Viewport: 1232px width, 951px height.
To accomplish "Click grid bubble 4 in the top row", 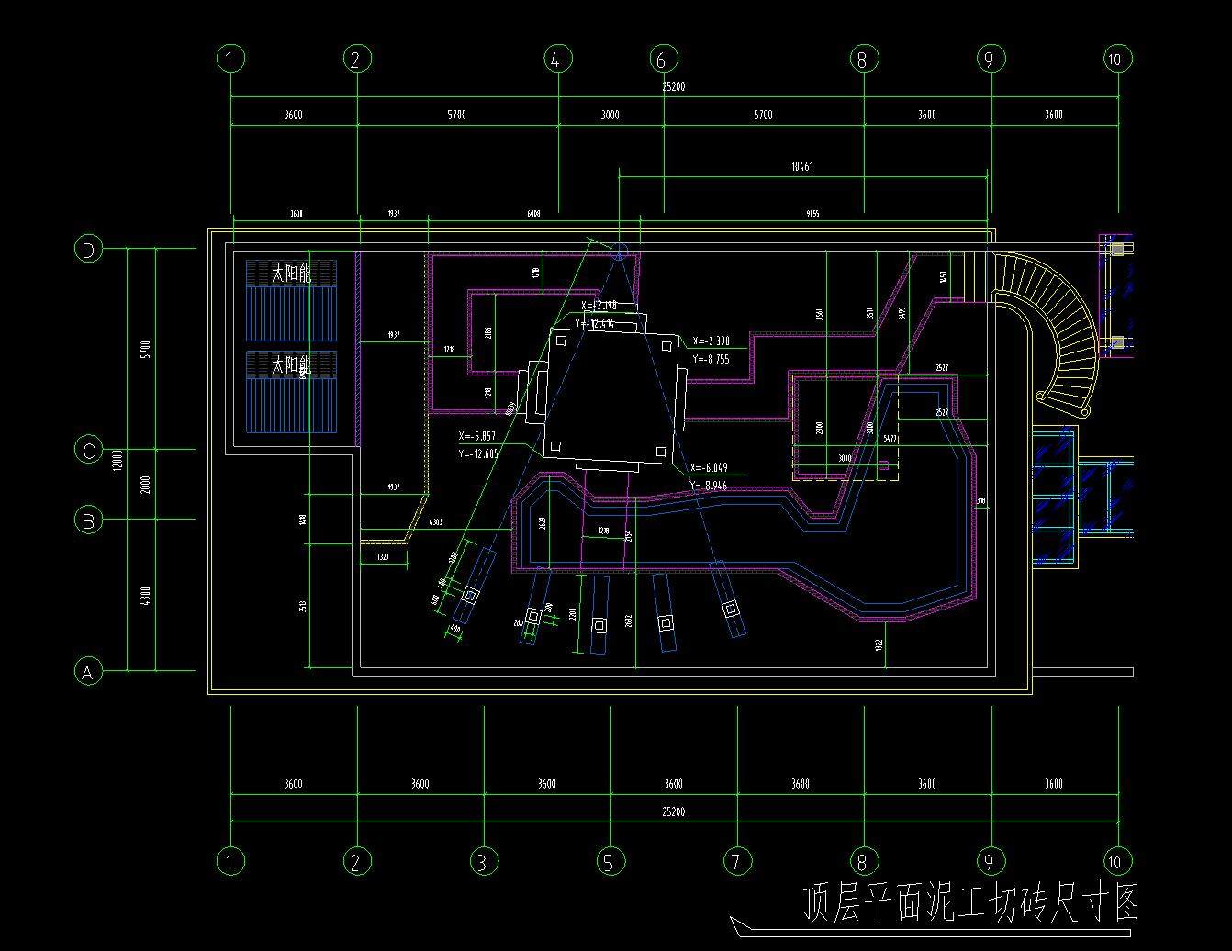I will coord(557,60).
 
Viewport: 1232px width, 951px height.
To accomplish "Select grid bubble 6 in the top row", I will coord(663,60).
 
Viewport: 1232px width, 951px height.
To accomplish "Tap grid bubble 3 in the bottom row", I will coord(484,862).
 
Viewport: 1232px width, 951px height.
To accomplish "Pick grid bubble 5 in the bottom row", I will coord(610,862).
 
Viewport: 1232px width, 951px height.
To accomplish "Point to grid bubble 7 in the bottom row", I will coord(737,862).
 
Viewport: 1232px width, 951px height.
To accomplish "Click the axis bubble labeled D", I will coord(88,250).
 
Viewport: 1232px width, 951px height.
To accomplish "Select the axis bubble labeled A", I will coord(87,673).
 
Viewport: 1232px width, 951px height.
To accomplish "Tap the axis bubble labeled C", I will coord(88,451).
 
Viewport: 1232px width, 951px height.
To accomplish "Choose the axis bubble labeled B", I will coord(88,520).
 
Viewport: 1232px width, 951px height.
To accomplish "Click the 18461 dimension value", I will coord(801,167).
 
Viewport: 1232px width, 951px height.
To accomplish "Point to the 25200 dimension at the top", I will coord(674,86).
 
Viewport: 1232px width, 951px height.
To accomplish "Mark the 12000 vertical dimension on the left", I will coord(118,460).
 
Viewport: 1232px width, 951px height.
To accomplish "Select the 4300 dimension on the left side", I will coord(146,596).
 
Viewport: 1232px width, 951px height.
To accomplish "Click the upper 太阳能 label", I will coord(291,274).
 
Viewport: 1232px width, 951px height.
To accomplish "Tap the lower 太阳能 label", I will coord(291,365).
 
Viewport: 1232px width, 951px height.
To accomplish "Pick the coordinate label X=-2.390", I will coord(711,341).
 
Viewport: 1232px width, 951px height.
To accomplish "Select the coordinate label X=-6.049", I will coord(709,468).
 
